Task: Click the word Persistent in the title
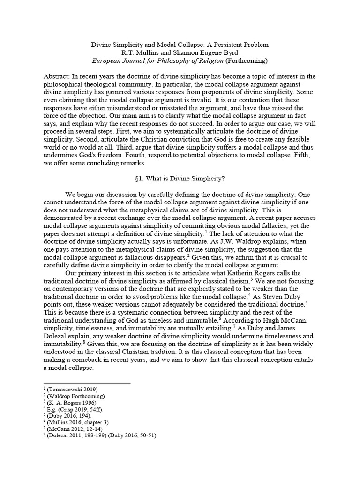point(224,45)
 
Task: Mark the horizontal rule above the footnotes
point(87,383)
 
